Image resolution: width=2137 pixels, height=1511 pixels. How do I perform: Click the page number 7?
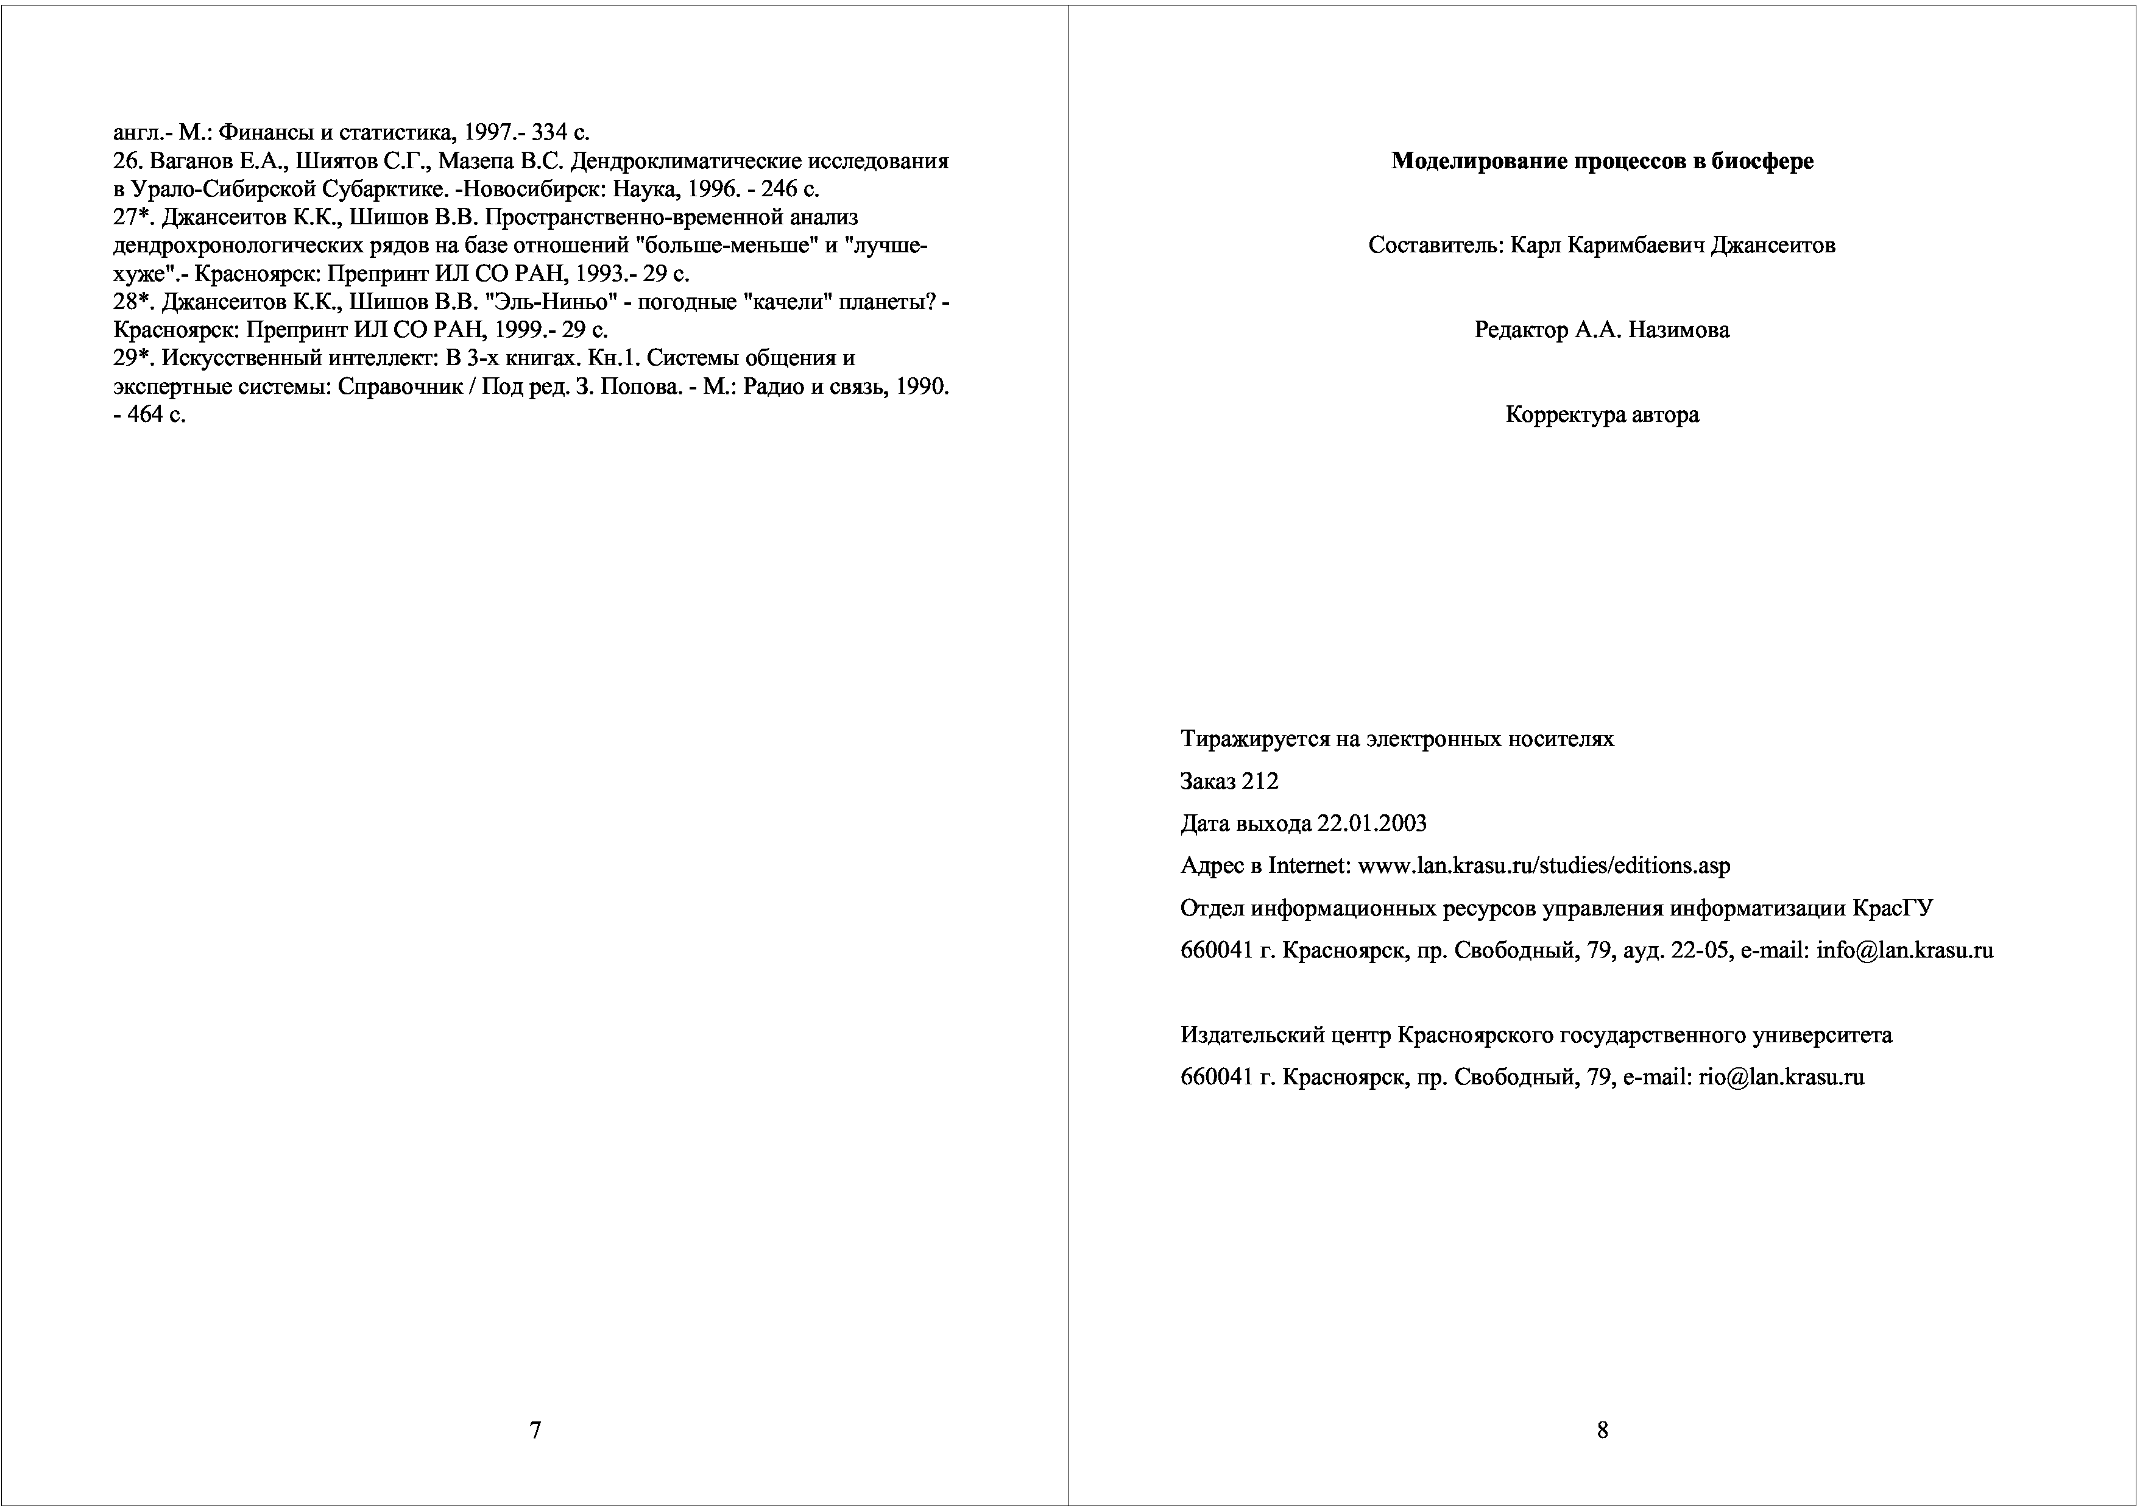click(x=535, y=1430)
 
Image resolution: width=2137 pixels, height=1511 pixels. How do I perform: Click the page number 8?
click(x=1602, y=1430)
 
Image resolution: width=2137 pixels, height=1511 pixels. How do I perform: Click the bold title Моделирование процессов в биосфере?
click(x=1602, y=161)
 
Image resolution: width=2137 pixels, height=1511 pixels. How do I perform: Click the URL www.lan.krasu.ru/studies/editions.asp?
click(x=1544, y=866)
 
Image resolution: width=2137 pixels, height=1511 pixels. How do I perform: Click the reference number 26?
click(x=125, y=161)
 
